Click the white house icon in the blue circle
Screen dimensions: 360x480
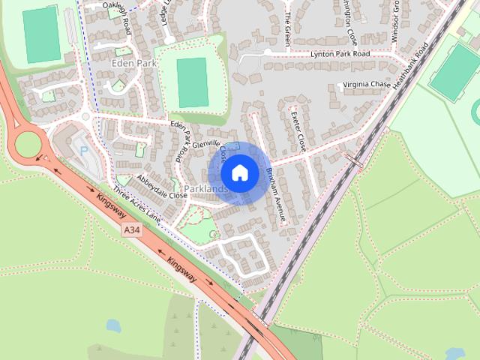pos(239,173)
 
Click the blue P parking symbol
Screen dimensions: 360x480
pos(84,151)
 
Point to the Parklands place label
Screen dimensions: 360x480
pos(203,190)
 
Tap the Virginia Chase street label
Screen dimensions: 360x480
pos(367,85)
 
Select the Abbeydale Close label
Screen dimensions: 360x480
pos(161,187)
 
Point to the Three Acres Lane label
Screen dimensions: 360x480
pos(137,203)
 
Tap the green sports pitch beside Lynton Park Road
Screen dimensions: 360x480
pos(192,82)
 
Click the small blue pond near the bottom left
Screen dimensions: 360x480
pos(114,325)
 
